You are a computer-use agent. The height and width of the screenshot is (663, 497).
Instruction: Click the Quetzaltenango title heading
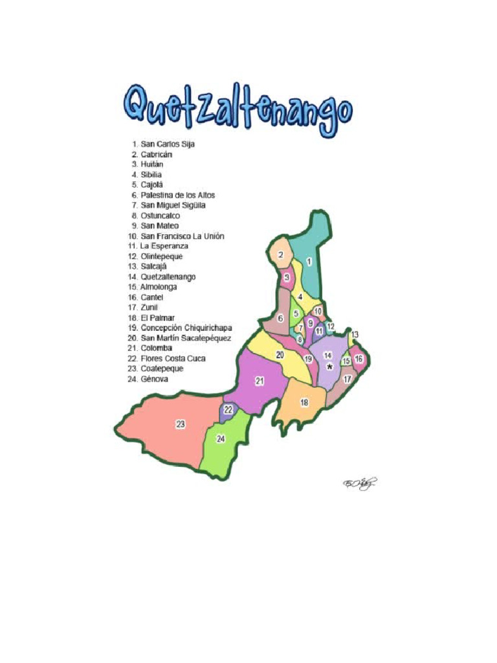click(x=238, y=110)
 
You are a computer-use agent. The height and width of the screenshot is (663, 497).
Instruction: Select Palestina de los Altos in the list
click(x=177, y=195)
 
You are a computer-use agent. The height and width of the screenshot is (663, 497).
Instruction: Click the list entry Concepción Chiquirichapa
click(x=186, y=328)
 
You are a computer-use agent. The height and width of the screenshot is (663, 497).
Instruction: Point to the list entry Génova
click(x=154, y=379)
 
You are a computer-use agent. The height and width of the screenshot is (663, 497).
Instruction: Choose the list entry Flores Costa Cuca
click(x=173, y=358)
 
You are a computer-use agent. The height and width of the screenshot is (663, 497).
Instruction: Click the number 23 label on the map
click(x=181, y=424)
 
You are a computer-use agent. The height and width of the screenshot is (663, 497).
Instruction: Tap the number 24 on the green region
click(x=221, y=438)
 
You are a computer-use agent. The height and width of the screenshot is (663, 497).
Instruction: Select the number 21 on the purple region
click(x=260, y=381)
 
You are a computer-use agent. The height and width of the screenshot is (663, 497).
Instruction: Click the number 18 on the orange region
click(x=304, y=403)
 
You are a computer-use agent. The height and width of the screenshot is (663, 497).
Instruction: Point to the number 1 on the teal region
click(x=309, y=262)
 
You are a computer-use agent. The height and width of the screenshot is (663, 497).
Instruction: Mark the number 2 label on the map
click(x=280, y=255)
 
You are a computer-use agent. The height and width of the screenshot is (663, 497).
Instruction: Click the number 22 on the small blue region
click(x=228, y=410)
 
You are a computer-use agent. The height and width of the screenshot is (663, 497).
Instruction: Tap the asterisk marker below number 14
click(x=329, y=367)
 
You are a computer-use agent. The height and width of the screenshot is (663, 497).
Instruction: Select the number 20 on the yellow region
click(x=280, y=355)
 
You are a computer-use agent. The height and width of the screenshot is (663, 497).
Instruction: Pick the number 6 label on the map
click(x=280, y=319)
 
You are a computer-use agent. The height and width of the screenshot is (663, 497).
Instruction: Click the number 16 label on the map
click(x=359, y=359)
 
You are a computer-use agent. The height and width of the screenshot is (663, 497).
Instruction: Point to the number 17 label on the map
click(x=347, y=379)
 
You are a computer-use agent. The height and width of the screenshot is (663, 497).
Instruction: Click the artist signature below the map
click(x=359, y=484)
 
